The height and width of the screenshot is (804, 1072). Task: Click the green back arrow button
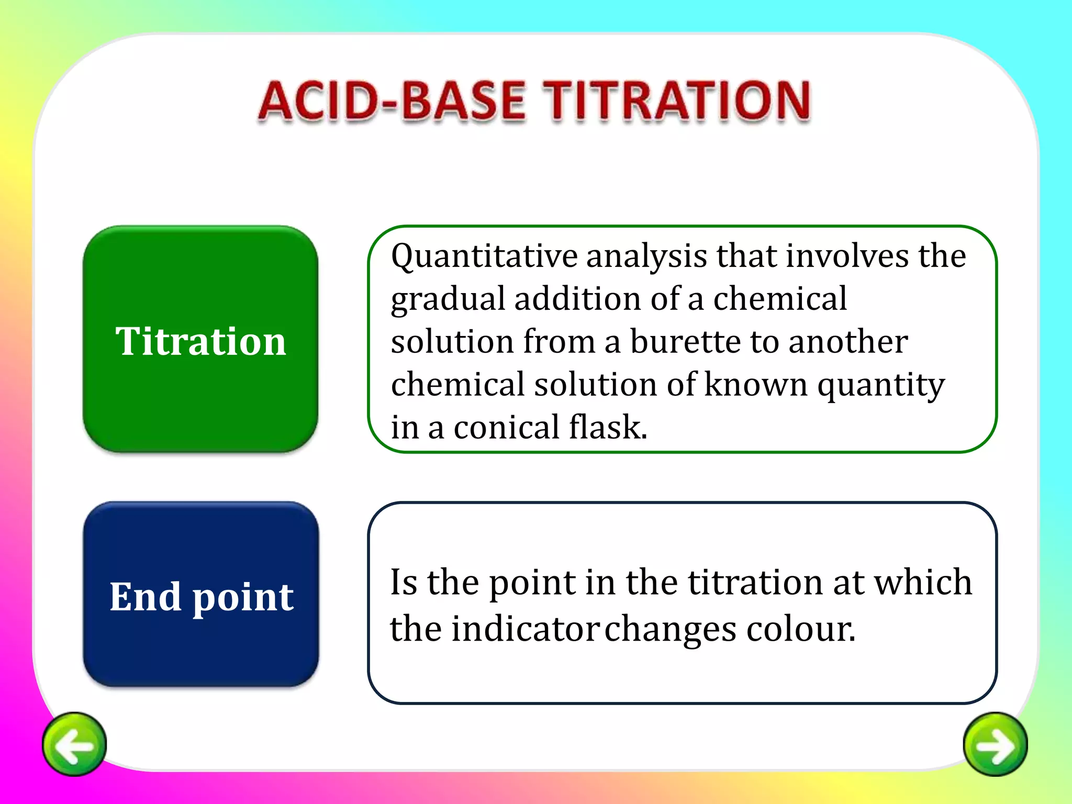point(74,744)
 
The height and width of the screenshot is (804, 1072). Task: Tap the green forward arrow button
point(995,744)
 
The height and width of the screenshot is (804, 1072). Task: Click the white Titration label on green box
point(200,341)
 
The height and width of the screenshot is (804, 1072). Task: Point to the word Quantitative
point(484,257)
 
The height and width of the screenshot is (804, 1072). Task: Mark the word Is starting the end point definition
point(404,582)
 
